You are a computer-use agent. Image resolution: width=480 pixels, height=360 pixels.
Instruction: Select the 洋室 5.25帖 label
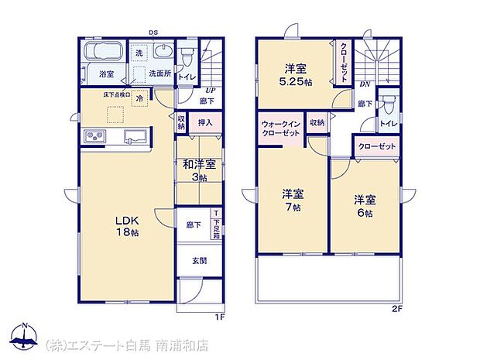point(297,74)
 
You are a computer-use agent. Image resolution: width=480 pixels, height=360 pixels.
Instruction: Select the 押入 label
point(204,122)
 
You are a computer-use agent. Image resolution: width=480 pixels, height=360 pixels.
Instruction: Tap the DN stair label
point(365,85)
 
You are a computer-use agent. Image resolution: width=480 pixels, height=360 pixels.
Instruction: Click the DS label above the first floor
point(153,33)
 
